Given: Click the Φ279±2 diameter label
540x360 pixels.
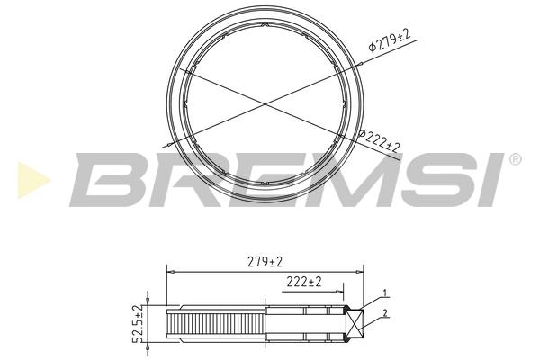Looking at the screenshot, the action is click(390, 40).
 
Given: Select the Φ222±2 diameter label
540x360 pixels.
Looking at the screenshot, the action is click(379, 141).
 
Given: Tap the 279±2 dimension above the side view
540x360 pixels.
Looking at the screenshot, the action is click(265, 262).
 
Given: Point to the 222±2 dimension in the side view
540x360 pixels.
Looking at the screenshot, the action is click(304, 282).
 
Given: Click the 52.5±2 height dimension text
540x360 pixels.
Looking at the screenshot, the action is click(139, 324).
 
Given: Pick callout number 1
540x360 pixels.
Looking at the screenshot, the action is click(386, 293).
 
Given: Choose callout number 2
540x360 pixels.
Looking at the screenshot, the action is click(385, 313).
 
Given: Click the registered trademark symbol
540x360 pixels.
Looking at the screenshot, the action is click(515, 159).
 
